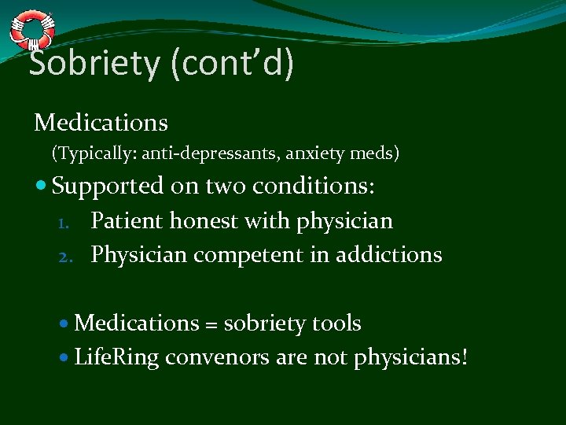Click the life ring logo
[x=32, y=30]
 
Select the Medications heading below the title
[x=101, y=123]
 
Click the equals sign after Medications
[x=211, y=324]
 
